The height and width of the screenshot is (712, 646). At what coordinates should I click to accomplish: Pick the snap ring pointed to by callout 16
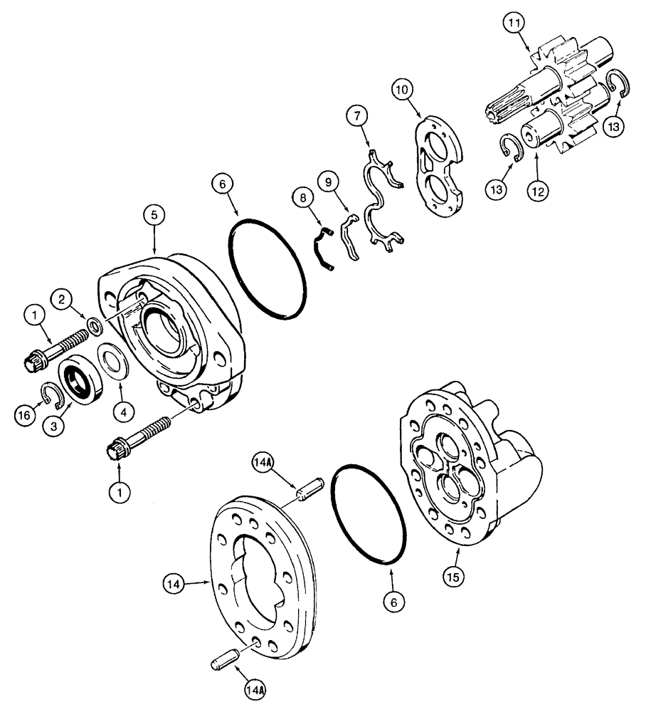click(x=51, y=394)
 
